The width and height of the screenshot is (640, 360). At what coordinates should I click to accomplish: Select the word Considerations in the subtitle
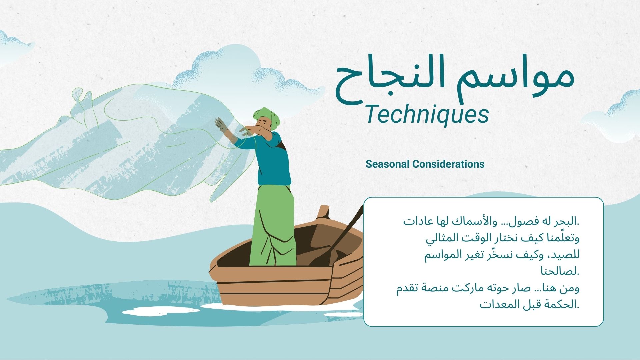448,164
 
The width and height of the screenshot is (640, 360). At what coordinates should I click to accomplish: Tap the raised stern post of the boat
323,212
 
